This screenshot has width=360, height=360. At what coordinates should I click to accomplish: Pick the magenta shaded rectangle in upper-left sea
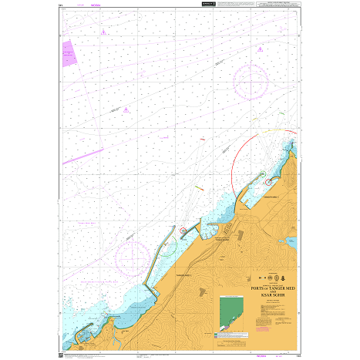68,53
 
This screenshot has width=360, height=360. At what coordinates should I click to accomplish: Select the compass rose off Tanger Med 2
133,254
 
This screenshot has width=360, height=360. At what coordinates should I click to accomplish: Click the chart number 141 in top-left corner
61,5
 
